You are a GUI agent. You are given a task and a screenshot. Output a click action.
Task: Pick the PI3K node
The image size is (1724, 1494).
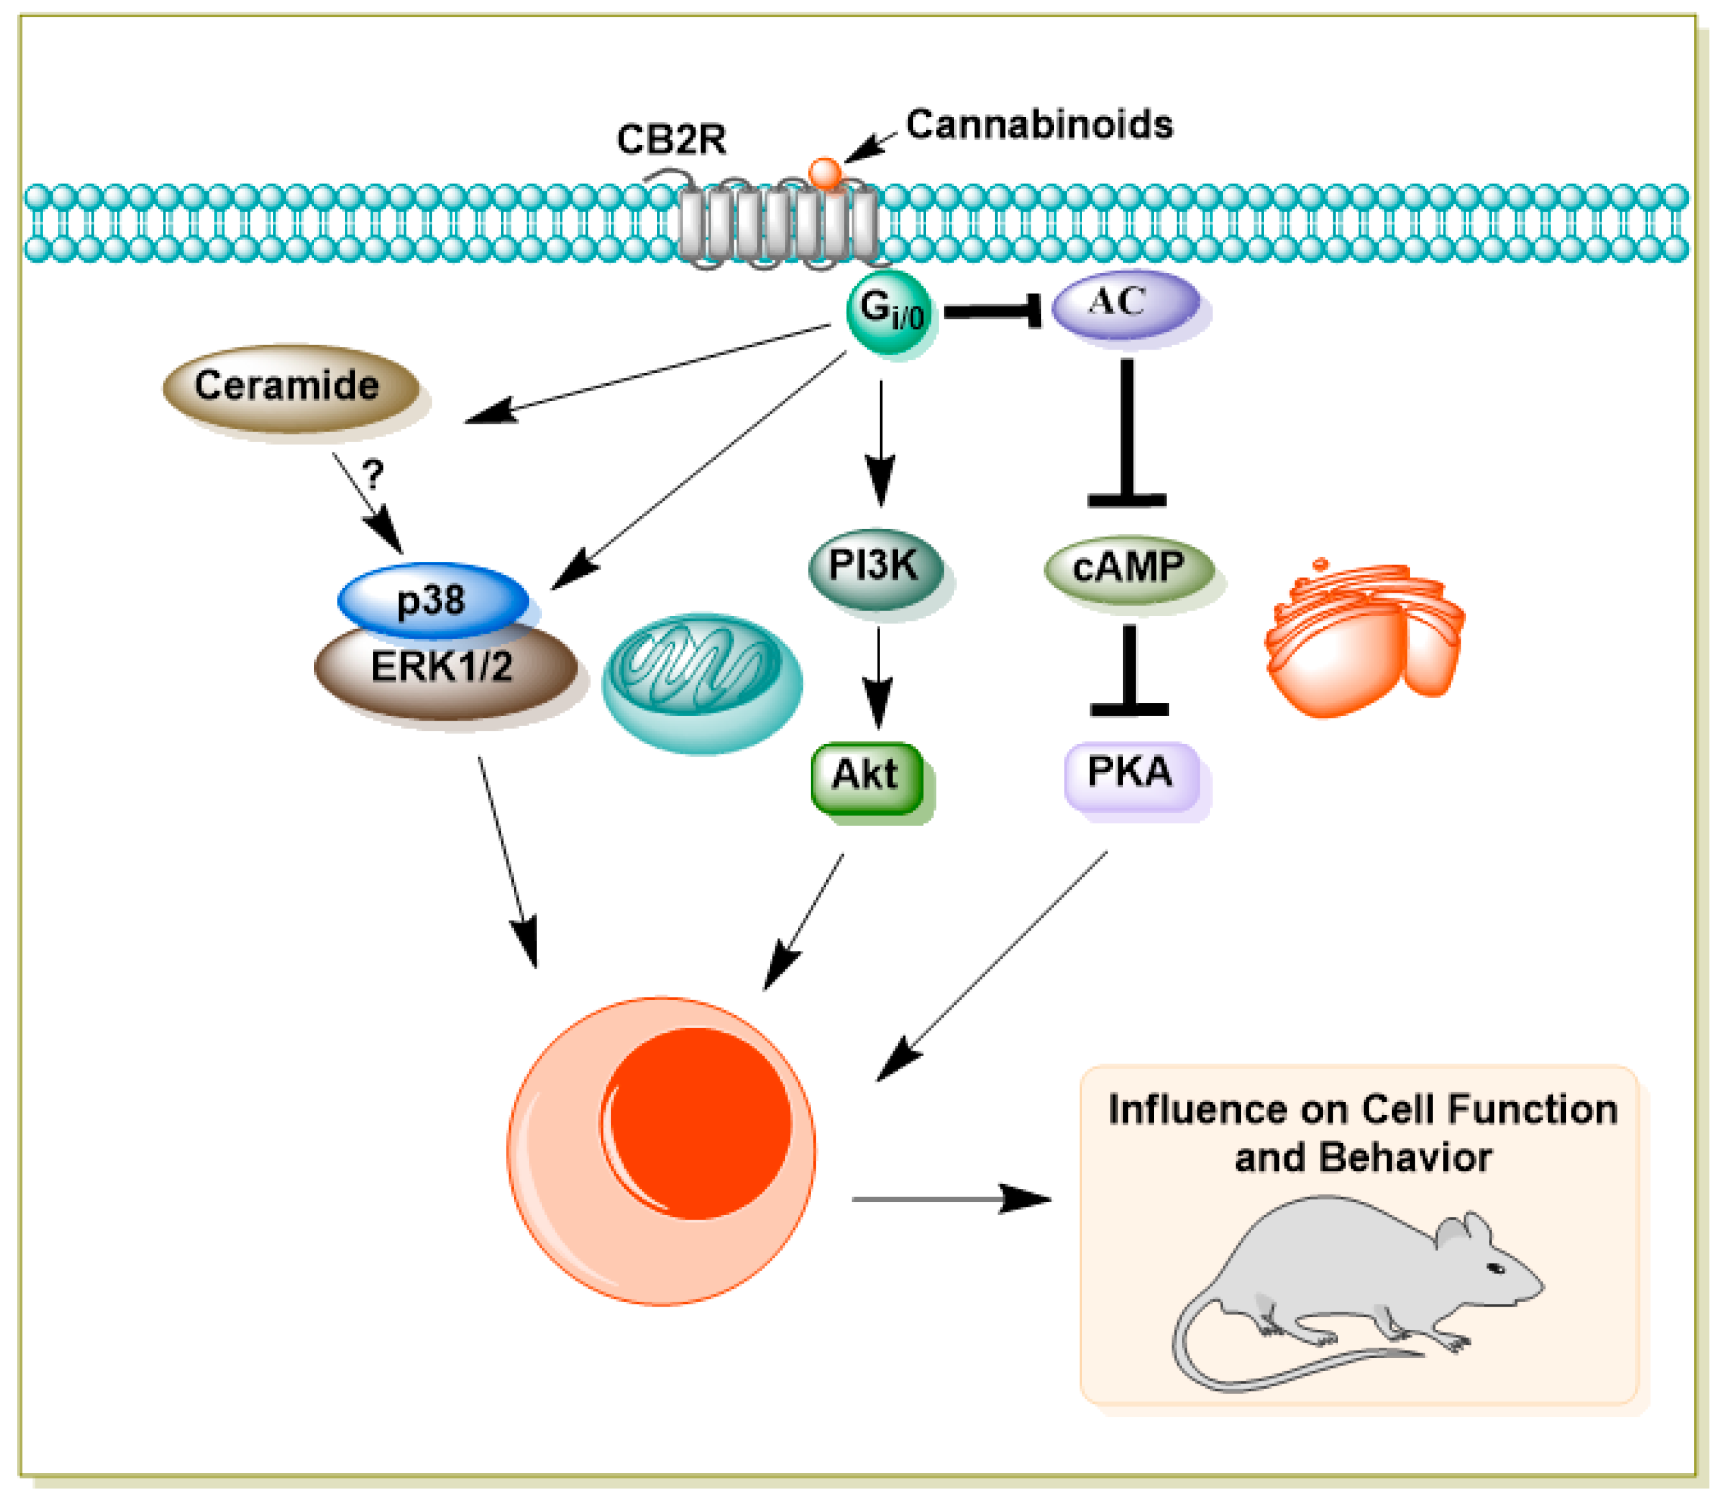(874, 568)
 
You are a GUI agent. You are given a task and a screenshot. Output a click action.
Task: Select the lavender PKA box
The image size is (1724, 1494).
(1131, 773)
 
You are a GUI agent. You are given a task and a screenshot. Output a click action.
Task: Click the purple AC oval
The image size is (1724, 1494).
(1124, 304)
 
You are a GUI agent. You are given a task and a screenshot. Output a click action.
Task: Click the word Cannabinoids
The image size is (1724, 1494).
(1039, 125)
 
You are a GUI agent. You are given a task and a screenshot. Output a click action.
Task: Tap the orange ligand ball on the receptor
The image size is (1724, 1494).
(825, 173)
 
